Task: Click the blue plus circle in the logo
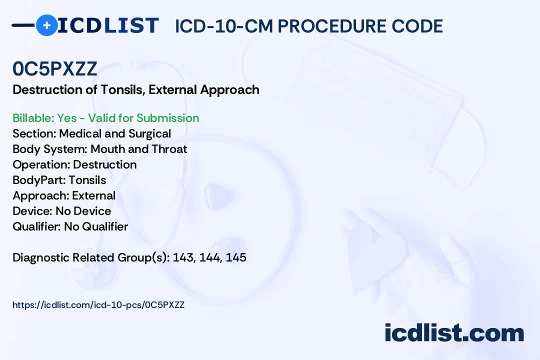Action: (x=46, y=25)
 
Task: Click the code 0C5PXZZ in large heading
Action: (x=55, y=68)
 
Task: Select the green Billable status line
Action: (x=105, y=118)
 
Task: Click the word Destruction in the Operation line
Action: (x=104, y=164)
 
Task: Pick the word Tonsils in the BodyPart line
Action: (x=87, y=180)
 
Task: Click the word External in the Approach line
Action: (x=93, y=195)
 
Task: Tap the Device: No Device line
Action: (x=62, y=211)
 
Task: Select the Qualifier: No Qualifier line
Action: (x=70, y=226)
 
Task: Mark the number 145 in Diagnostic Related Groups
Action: (x=236, y=257)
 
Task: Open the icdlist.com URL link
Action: (x=98, y=305)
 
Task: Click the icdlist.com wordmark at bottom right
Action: (x=454, y=332)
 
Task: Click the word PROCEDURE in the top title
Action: (x=332, y=26)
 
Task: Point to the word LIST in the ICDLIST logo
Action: (x=131, y=25)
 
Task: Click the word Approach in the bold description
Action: (x=229, y=90)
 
